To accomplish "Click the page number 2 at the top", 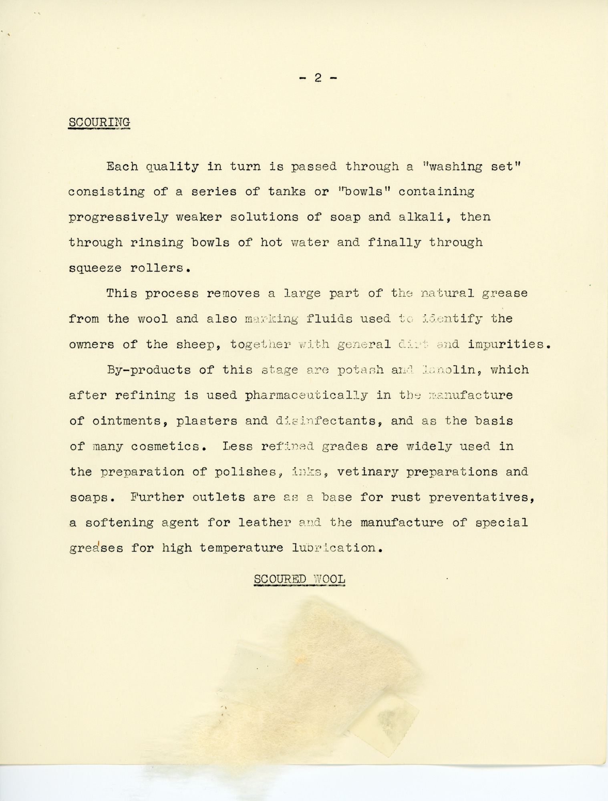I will pyautogui.click(x=318, y=78).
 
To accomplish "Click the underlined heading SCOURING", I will pyautogui.click(x=99, y=121).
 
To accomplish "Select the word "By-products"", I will pyautogui.click(x=149, y=369).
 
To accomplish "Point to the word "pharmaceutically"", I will pyautogui.click(x=306, y=395).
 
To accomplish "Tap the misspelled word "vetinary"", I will pyautogui.click(x=368, y=472).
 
